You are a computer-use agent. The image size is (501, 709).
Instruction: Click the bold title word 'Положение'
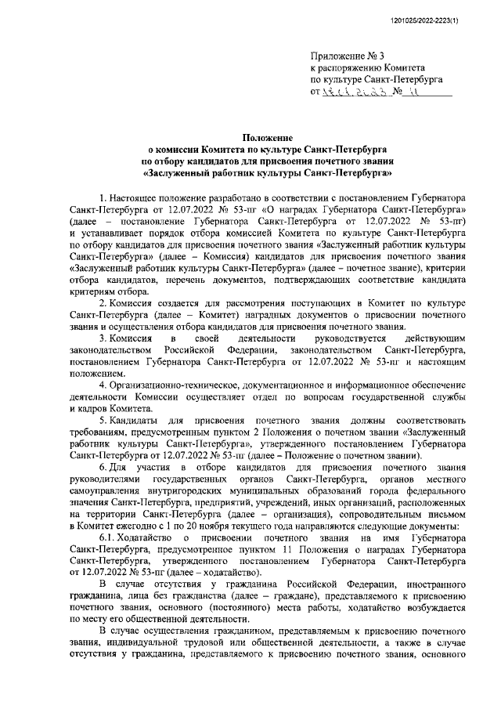[266, 136]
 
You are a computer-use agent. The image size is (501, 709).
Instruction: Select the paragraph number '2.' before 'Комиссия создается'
[103, 301]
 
